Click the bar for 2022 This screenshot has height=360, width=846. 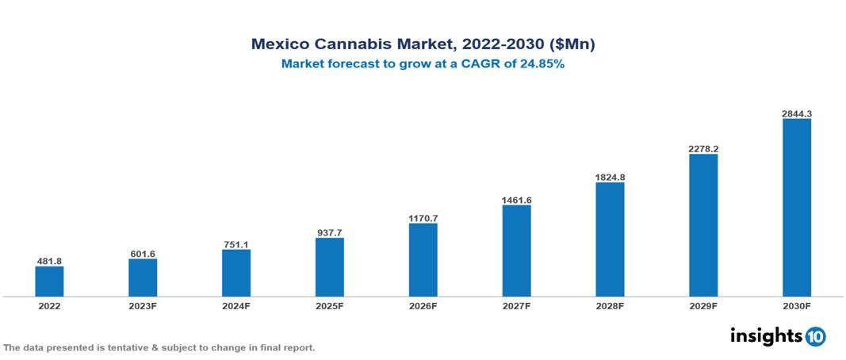pos(49,281)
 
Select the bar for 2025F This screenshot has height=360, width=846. pos(329,267)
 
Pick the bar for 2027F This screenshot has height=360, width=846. pos(516,251)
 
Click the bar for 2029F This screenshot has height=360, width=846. pos(702,225)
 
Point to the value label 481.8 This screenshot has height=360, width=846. pos(49,261)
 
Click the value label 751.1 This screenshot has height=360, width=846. pos(236,244)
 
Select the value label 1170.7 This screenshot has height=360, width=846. pos(423,217)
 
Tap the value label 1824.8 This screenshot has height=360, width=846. pos(610,177)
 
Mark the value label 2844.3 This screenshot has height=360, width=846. pos(796,113)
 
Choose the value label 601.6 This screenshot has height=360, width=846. pos(143,254)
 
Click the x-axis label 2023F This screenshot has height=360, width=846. pos(143,306)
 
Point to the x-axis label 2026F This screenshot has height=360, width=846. pos(423,306)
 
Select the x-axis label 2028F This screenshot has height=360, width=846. pos(610,306)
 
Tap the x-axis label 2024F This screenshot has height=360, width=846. pos(236,306)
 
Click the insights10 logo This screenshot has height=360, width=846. pos(777,336)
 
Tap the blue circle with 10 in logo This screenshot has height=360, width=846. pos(815,337)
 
